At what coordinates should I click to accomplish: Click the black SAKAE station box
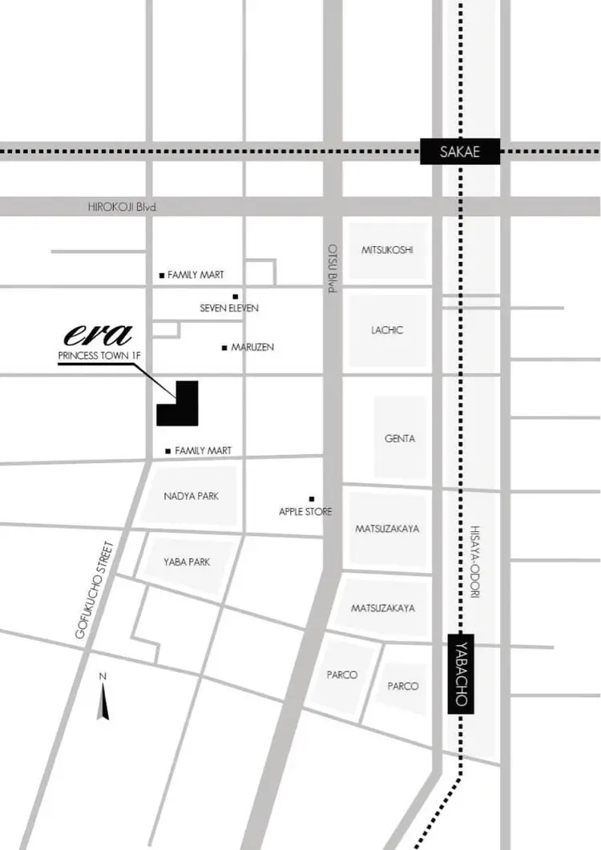point(460,151)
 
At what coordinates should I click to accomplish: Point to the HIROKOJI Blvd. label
point(123,207)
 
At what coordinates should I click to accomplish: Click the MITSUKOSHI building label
point(387,250)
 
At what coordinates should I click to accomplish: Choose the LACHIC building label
point(387,330)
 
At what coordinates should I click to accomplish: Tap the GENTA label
point(400,439)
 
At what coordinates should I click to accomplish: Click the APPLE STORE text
point(305,512)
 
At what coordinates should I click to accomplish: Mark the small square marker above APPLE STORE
point(311,498)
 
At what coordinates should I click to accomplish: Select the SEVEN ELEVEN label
point(229,308)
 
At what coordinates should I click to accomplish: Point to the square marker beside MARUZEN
point(224,348)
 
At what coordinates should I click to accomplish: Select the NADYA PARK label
point(191,496)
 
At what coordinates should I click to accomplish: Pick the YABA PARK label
point(186,562)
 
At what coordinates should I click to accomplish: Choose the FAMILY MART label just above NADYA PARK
point(203,451)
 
